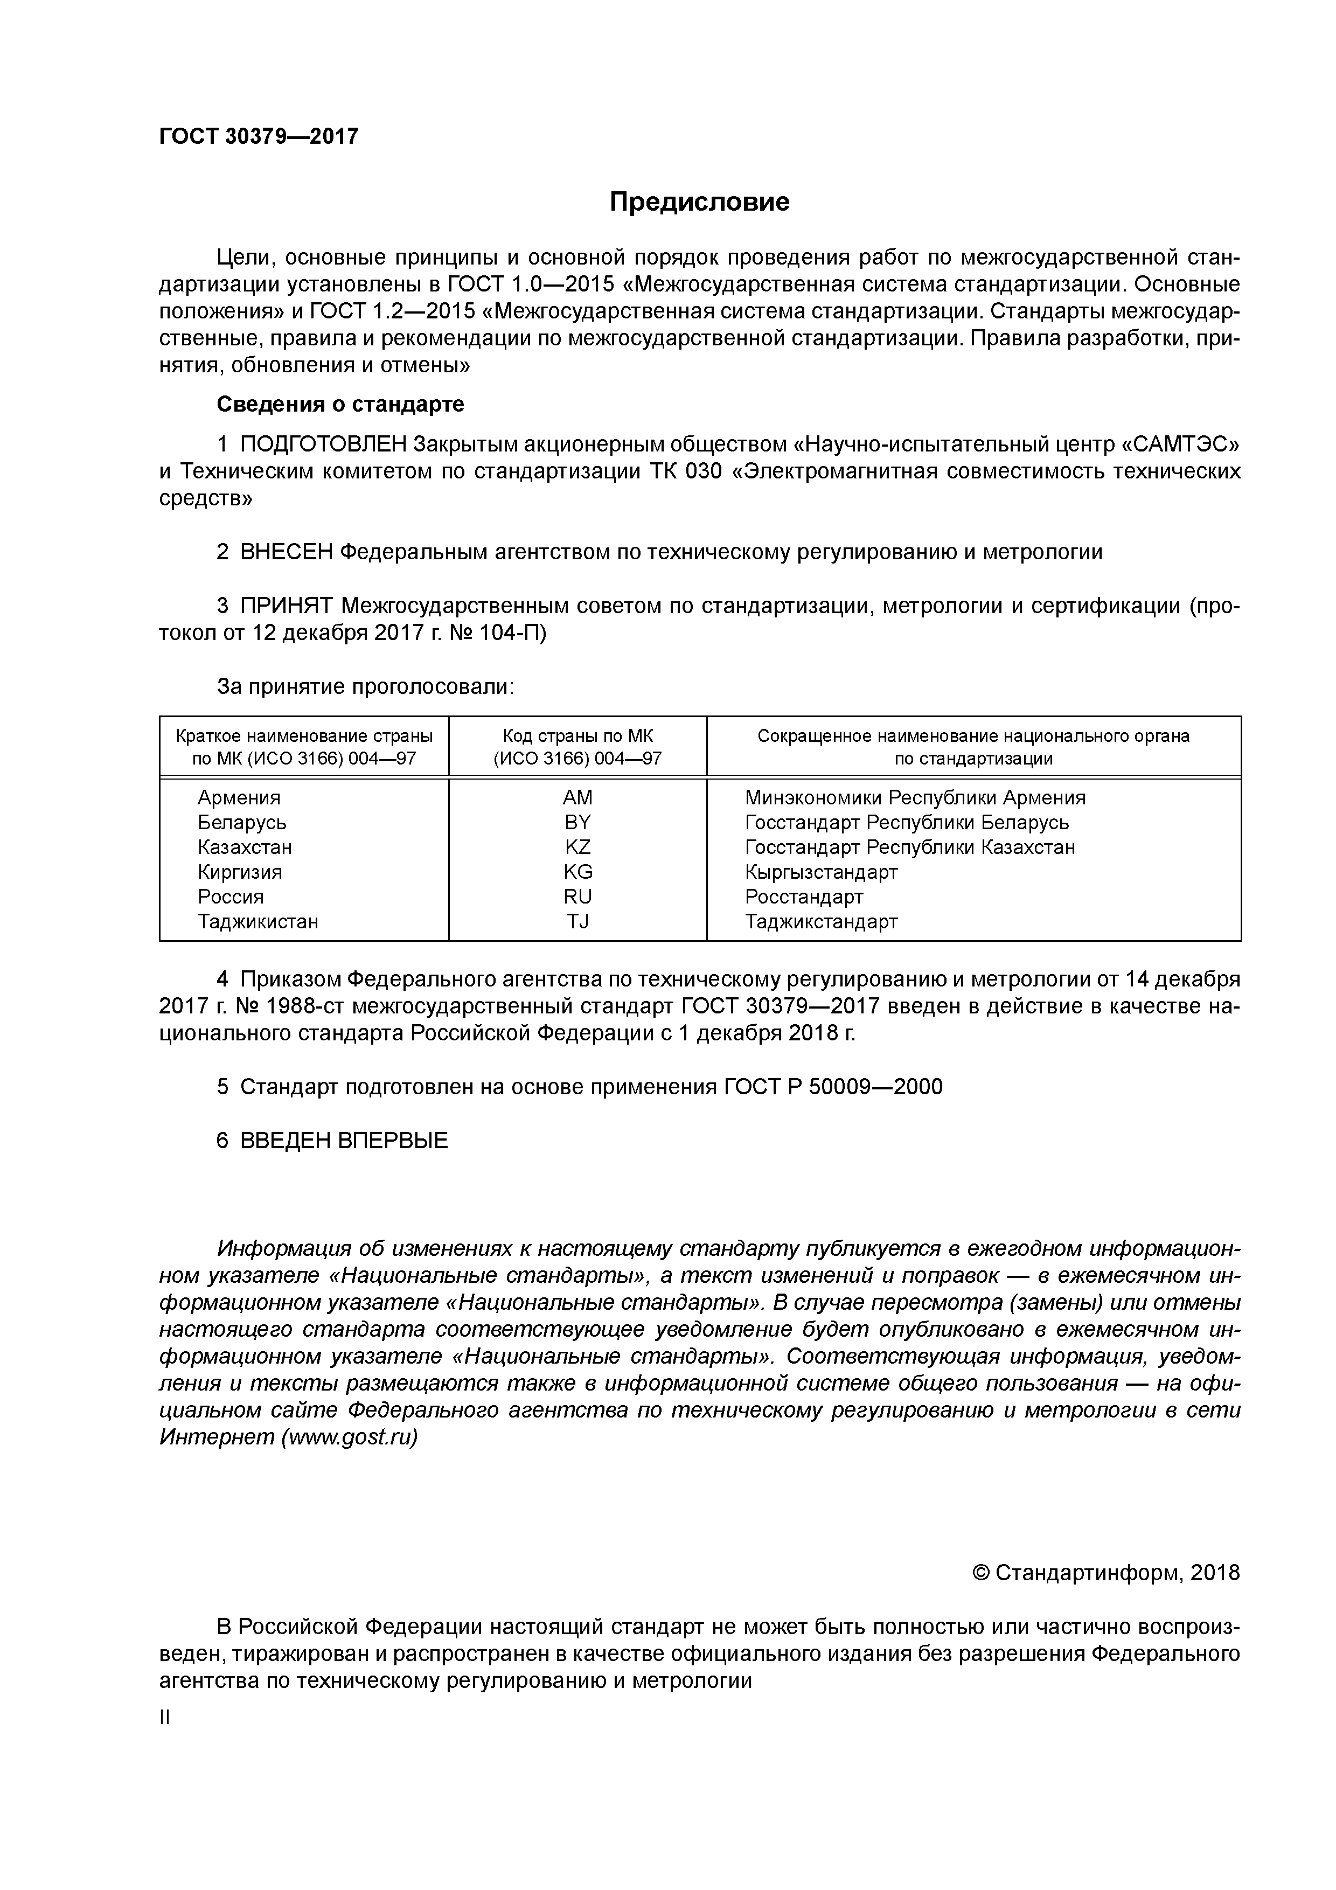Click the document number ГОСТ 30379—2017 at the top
[x=259, y=137]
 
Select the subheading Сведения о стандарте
[x=340, y=404]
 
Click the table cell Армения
[x=239, y=798]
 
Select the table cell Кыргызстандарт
[x=820, y=872]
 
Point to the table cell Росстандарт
[x=803, y=897]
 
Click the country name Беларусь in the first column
[x=242, y=822]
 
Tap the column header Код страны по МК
[x=577, y=736]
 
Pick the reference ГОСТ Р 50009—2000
[x=833, y=1087]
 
